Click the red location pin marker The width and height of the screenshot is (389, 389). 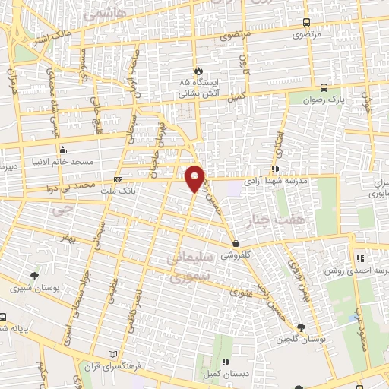point(195,178)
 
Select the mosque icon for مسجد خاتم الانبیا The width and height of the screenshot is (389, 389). point(62,150)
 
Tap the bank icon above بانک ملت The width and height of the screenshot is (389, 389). point(118,179)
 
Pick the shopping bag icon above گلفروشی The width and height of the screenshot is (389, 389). point(237,245)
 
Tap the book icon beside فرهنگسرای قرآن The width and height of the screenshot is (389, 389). point(114,355)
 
